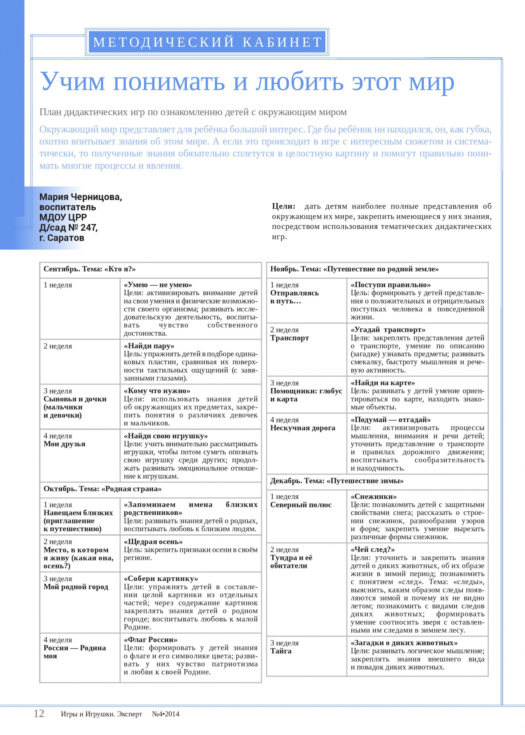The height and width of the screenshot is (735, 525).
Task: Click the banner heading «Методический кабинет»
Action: [x=207, y=42]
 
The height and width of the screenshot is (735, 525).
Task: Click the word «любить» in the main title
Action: [x=299, y=81]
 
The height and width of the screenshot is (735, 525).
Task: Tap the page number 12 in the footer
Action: [x=39, y=713]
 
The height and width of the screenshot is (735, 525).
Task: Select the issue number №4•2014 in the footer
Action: [x=165, y=714]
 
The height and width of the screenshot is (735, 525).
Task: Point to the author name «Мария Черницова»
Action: [x=81, y=197]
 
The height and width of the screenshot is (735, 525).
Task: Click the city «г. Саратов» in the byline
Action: [x=62, y=238]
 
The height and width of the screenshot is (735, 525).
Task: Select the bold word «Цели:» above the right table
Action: [x=283, y=206]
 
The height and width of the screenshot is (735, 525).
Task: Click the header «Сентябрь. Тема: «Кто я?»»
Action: [x=90, y=269]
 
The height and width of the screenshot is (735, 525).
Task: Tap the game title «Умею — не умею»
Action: [x=158, y=285]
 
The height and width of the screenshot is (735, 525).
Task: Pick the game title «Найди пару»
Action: [x=149, y=346]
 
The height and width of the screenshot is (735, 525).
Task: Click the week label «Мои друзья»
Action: [x=64, y=444]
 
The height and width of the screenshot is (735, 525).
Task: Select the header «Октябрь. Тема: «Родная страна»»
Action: [x=103, y=489]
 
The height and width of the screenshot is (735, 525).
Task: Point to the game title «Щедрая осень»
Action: [x=153, y=542]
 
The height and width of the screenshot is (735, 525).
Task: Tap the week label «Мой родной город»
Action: [x=76, y=587]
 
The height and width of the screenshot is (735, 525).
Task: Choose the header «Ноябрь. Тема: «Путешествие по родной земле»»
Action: [x=354, y=269]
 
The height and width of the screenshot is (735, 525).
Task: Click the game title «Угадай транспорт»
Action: [x=388, y=330]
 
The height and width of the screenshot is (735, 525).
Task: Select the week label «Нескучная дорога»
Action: [x=302, y=428]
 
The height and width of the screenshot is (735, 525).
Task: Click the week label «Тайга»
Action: [x=281, y=651]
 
